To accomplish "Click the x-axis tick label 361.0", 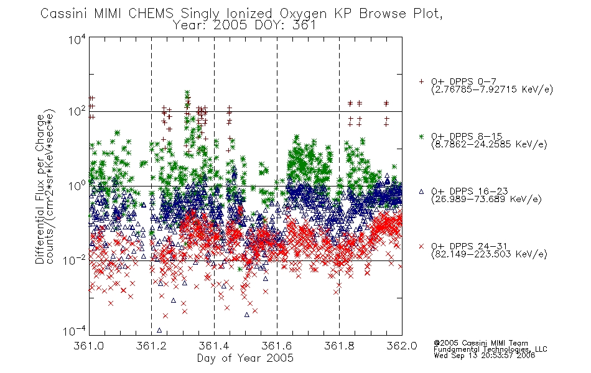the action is [88, 346].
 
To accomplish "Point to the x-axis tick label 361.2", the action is [151, 346].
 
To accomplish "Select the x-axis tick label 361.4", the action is [214, 346].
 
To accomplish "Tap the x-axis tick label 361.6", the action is [277, 346].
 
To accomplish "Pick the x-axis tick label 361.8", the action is [339, 346].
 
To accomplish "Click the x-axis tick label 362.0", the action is [402, 346].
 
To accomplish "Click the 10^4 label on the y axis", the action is [77, 39].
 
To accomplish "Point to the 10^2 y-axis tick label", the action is [77, 112].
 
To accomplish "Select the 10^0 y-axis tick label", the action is [77, 186].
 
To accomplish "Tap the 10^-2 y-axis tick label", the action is [75, 260].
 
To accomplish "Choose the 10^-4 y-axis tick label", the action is [75, 331].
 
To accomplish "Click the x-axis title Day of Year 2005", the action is [245, 358].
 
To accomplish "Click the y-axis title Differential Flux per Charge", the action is [40, 189].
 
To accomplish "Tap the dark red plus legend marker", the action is [421, 81].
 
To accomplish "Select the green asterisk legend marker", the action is [421, 136].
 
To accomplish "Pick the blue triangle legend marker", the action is [421, 191].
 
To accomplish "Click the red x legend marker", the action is [421, 246].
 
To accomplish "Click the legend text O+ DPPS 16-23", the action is [470, 191].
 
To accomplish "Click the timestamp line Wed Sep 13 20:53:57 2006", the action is [485, 356].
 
